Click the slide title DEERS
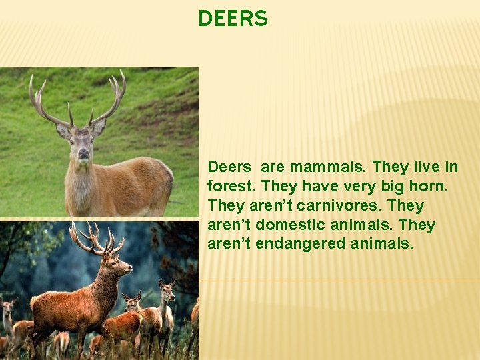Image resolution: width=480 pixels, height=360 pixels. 233,19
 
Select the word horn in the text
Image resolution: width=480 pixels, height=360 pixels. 432,186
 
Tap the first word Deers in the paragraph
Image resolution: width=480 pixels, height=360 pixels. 230,167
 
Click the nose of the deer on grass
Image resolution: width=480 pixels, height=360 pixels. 83,155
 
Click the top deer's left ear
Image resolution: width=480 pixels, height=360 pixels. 63,130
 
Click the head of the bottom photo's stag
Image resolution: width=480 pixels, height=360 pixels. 121,265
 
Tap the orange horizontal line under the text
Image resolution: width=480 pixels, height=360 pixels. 340,281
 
